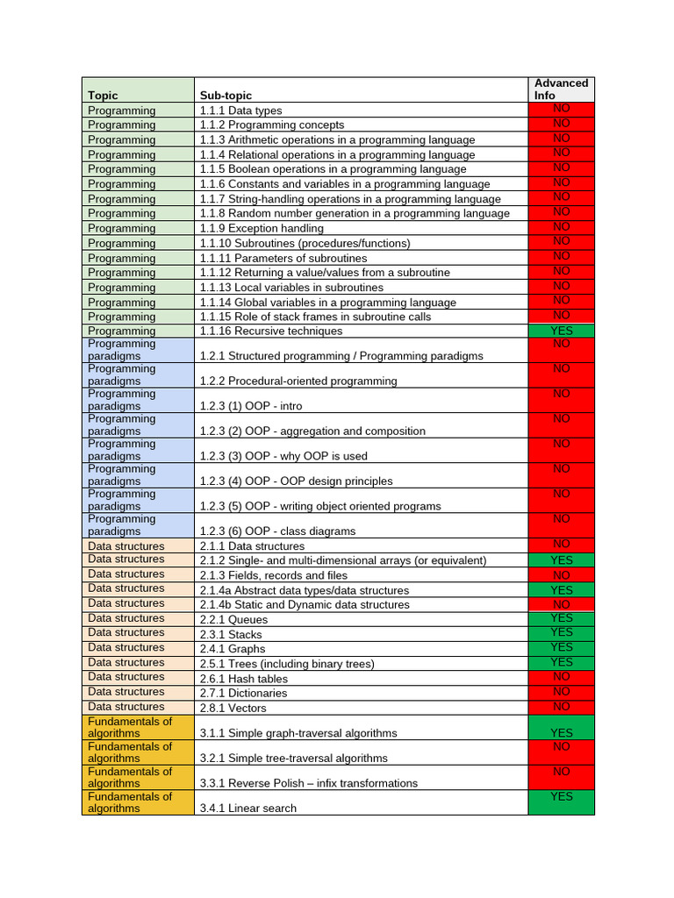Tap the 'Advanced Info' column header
click(561, 89)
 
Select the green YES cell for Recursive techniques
click(561, 331)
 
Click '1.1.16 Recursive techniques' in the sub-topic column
click(271, 331)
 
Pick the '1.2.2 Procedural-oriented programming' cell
click(298, 381)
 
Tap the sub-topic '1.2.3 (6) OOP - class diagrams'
click(278, 531)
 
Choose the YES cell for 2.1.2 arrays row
click(561, 559)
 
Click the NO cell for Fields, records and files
click(561, 574)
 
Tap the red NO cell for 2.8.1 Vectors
click(561, 707)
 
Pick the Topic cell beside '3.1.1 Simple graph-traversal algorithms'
click(138, 727)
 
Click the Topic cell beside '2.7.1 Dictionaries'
click(138, 692)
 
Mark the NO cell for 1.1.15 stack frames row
click(561, 315)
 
